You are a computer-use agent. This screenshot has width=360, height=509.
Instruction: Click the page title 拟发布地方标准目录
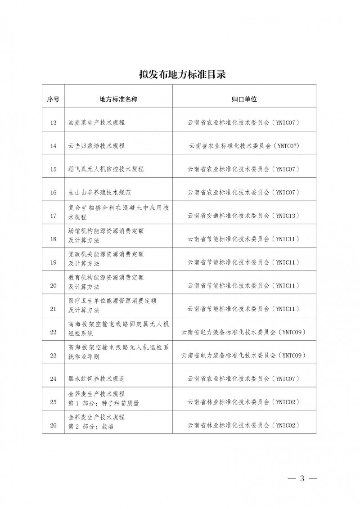tap(180, 74)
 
